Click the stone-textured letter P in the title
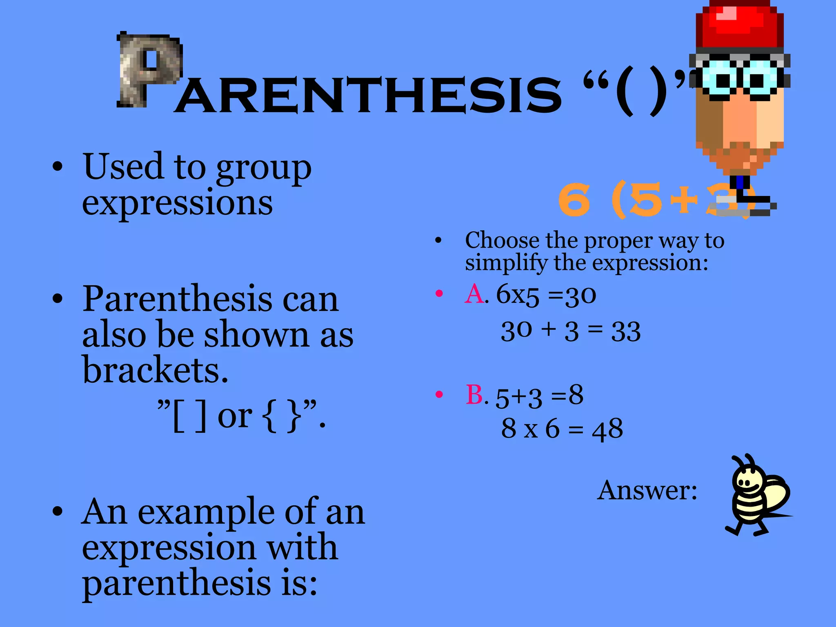click(149, 69)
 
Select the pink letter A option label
click(475, 293)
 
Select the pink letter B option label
click(475, 395)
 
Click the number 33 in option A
click(625, 331)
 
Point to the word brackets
click(155, 370)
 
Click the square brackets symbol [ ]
click(189, 416)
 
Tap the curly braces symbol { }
click(281, 416)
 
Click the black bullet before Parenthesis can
click(58, 299)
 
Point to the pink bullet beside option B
click(439, 394)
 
